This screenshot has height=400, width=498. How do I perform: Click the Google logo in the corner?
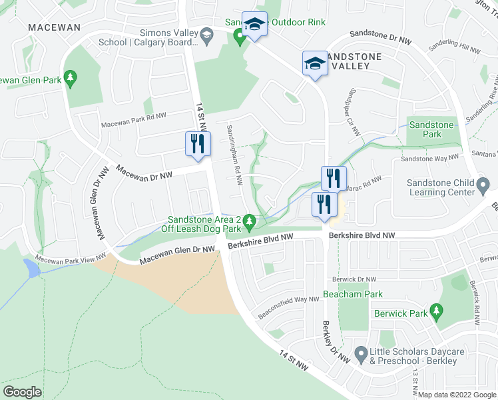[x=23, y=392]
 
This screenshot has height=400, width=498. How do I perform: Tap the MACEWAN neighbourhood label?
[x=54, y=27]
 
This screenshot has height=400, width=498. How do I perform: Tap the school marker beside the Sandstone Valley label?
[x=314, y=63]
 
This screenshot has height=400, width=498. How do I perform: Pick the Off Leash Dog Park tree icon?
[x=249, y=220]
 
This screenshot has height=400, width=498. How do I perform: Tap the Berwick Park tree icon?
[x=436, y=310]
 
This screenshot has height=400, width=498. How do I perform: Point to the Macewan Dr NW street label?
[x=144, y=172]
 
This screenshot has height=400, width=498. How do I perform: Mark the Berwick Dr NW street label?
[x=353, y=279]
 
